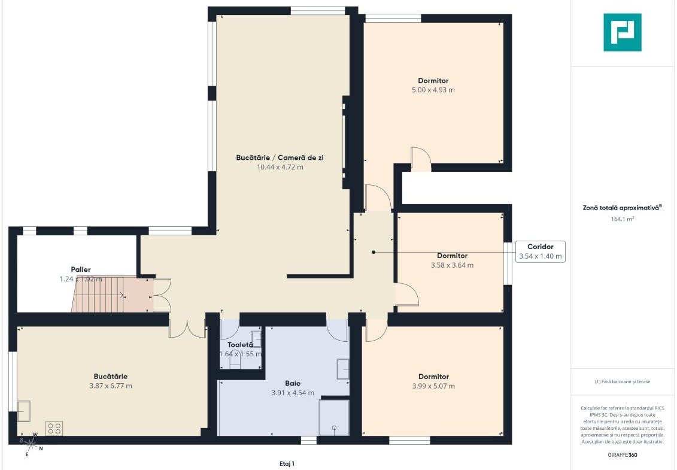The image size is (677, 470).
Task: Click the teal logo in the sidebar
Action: tap(622, 32)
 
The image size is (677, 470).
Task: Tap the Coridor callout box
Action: tap(540, 251)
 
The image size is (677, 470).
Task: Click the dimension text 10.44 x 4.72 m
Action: tap(280, 167)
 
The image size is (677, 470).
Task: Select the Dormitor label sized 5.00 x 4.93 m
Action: tap(433, 80)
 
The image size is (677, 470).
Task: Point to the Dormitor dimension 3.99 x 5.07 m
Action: tap(433, 386)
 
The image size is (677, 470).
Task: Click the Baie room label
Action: tap(293, 383)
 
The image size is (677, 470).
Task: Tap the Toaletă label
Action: tap(240, 345)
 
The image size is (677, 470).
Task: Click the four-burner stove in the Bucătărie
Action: tap(54, 429)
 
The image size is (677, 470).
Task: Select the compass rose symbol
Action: tap(31, 443)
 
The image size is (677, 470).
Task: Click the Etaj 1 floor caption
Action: tap(287, 464)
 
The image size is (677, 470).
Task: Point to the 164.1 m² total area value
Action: tap(622, 219)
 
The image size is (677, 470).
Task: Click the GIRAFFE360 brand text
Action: tap(622, 455)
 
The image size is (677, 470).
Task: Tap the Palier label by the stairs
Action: tap(81, 269)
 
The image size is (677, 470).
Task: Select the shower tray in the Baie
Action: tap(334, 417)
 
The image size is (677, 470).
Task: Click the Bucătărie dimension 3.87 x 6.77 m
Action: tap(111, 386)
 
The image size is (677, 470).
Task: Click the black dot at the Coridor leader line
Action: tap(374, 252)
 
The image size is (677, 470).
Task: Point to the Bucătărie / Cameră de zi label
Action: tap(280, 157)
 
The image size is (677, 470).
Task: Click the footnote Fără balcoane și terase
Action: tap(622, 381)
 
